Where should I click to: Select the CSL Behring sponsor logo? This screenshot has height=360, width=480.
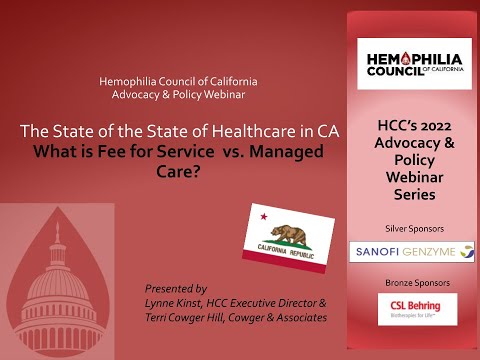[412, 308]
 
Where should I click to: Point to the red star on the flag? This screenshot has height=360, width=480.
[264, 215]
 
